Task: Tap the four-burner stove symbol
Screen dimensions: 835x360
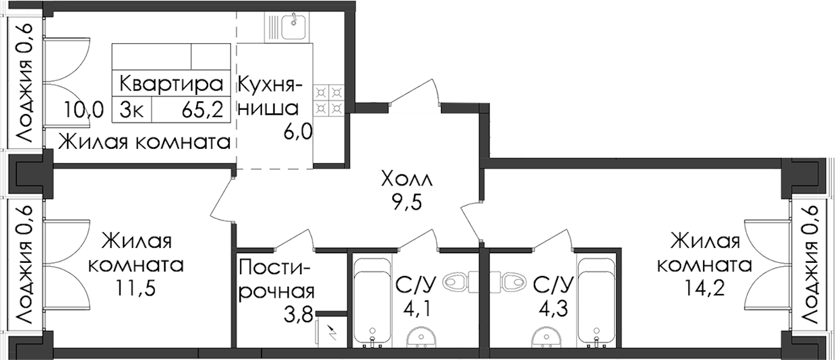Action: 329,100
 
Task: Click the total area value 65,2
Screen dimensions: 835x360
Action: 202,110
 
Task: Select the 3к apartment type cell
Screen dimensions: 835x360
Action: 131,110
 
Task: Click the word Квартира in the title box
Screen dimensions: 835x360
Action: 171,84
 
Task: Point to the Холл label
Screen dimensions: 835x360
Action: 406,180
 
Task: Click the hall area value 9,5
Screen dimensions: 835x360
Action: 407,204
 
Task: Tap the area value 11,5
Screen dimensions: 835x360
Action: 136,289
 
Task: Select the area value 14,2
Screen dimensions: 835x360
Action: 704,288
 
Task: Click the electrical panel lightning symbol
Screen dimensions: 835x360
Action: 331,332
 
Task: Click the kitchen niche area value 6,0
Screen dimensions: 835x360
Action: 297,132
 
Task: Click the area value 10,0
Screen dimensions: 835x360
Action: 83,110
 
